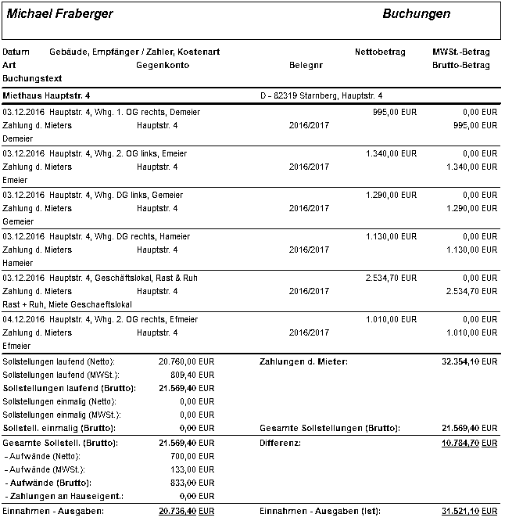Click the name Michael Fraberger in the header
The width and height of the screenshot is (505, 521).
click(59, 14)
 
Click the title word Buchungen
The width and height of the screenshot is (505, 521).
click(416, 14)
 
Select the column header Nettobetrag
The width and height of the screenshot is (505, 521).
click(380, 52)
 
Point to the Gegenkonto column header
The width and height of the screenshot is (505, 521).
click(163, 66)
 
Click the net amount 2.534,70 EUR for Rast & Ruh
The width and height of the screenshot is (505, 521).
click(391, 278)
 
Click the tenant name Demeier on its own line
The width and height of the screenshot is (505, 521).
click(17, 138)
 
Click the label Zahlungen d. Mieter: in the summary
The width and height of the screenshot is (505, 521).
click(303, 362)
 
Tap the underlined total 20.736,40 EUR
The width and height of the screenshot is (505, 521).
click(186, 511)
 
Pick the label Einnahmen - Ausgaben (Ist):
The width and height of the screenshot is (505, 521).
click(320, 511)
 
